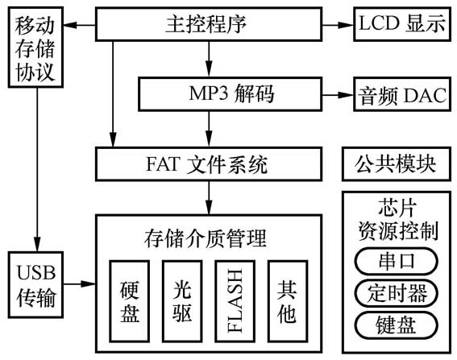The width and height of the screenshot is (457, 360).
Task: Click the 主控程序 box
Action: [209, 24]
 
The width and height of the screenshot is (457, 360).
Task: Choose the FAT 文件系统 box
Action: [209, 165]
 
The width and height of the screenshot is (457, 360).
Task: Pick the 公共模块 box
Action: [395, 164]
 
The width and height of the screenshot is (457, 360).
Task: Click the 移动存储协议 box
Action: [34, 50]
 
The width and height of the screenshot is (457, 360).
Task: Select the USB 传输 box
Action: [34, 283]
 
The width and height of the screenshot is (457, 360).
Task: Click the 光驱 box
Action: [182, 300]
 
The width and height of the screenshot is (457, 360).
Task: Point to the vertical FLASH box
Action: [235, 300]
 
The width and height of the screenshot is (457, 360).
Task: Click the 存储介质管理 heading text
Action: [209, 238]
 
